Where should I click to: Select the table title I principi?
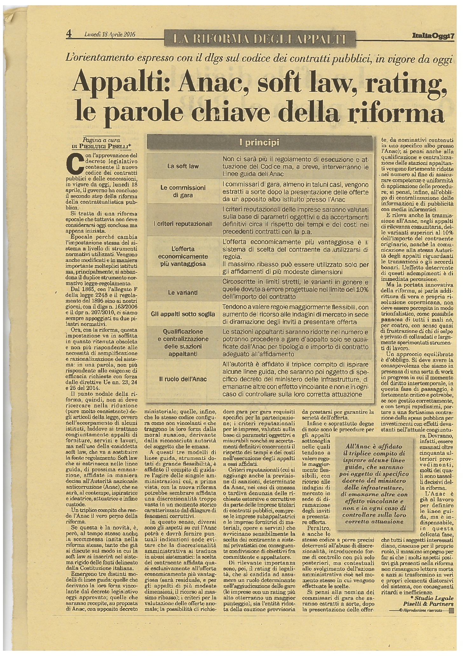[259, 143]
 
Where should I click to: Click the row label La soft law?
[183, 166]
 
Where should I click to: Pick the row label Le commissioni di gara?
[183, 191]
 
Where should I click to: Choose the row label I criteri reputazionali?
[183, 224]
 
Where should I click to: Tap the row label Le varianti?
[183, 292]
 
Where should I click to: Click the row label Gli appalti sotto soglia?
[183, 314]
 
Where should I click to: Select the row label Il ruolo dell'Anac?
[183, 379]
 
